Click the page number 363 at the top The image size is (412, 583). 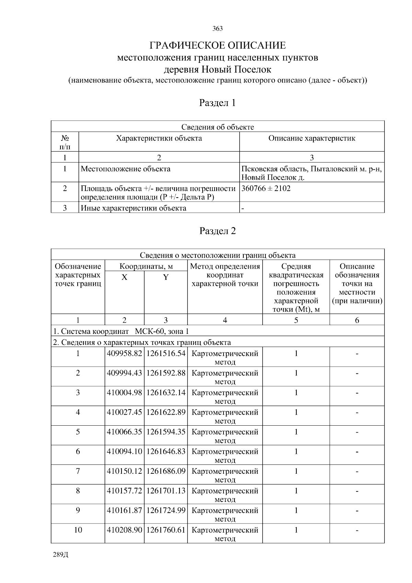tap(217, 29)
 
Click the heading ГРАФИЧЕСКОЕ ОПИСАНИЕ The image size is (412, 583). tap(217, 45)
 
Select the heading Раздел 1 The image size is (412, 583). tap(217, 103)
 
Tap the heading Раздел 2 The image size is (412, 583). tap(217, 231)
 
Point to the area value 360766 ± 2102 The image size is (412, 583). tap(266, 188)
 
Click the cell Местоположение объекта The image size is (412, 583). tap(125, 169)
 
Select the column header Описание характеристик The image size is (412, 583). tap(311, 138)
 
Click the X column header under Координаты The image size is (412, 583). tap(124, 277)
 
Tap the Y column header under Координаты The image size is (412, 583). tap(165, 277)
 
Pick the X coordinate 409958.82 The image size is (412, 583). tap(124, 354)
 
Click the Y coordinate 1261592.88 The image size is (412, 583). tap(166, 373)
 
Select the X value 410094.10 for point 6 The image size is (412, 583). tap(124, 451)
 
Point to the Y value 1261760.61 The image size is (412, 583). tap(166, 530)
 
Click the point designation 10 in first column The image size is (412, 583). tap(78, 530)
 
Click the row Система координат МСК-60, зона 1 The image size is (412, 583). tap(121, 332)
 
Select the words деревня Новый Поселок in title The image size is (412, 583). tap(217, 69)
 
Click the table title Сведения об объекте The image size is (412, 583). tap(217, 127)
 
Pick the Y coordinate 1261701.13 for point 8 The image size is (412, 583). tap(166, 491)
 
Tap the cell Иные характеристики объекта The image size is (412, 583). tap(134, 208)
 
